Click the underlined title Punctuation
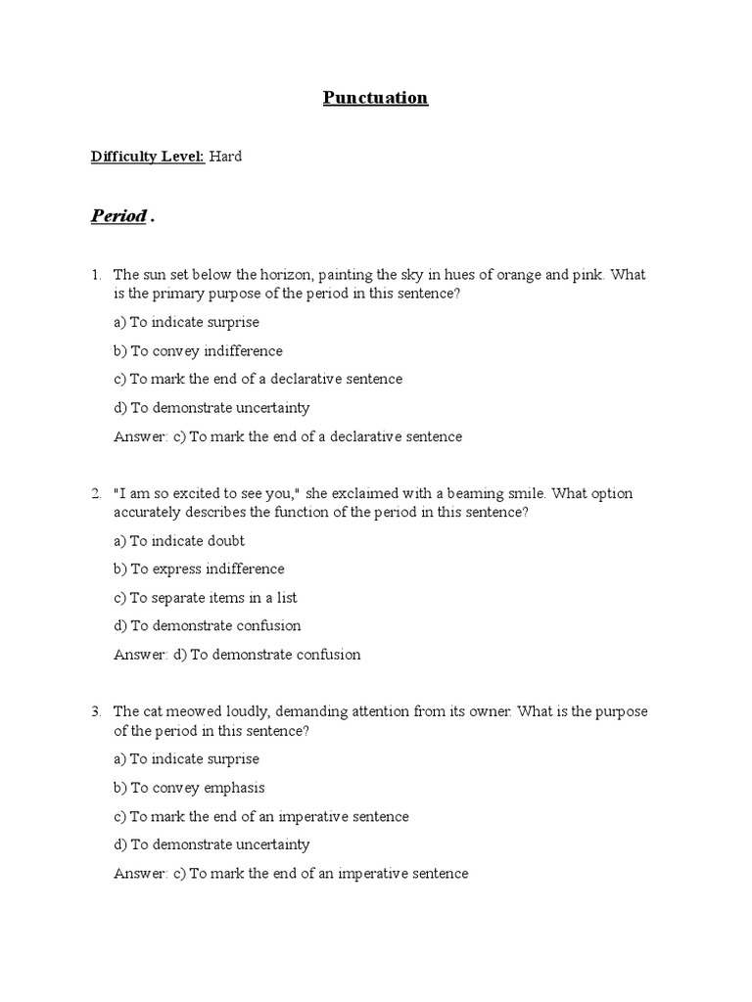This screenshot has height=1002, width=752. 376,98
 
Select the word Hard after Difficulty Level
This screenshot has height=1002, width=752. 225,157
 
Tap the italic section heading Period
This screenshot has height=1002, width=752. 118,216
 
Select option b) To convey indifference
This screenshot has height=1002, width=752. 198,350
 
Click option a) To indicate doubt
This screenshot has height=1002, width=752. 179,540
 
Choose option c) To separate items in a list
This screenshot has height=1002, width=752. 206,597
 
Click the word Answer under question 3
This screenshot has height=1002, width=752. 140,874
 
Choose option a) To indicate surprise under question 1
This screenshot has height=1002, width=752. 186,322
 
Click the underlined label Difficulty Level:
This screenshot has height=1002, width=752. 148,157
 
